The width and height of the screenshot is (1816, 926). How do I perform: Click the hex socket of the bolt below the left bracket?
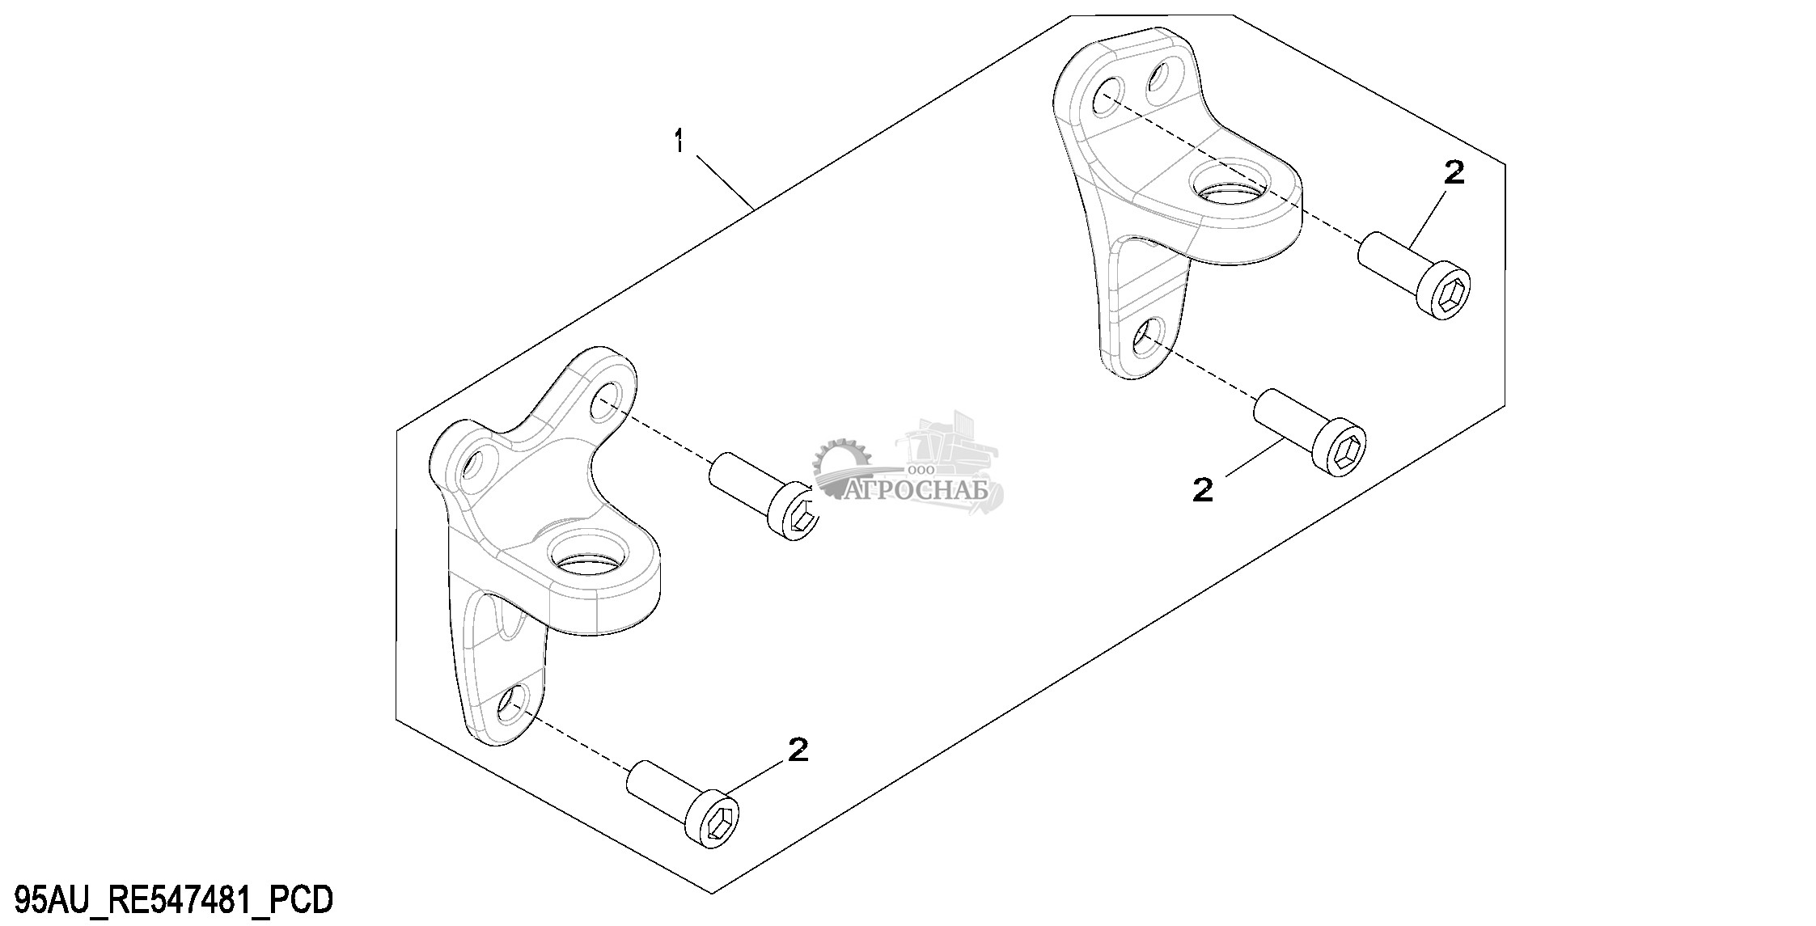[719, 824]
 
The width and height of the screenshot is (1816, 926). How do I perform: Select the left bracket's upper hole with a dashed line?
[606, 400]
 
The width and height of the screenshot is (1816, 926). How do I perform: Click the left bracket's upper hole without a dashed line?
[475, 463]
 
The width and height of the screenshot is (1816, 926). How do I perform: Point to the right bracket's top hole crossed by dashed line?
[1107, 95]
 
